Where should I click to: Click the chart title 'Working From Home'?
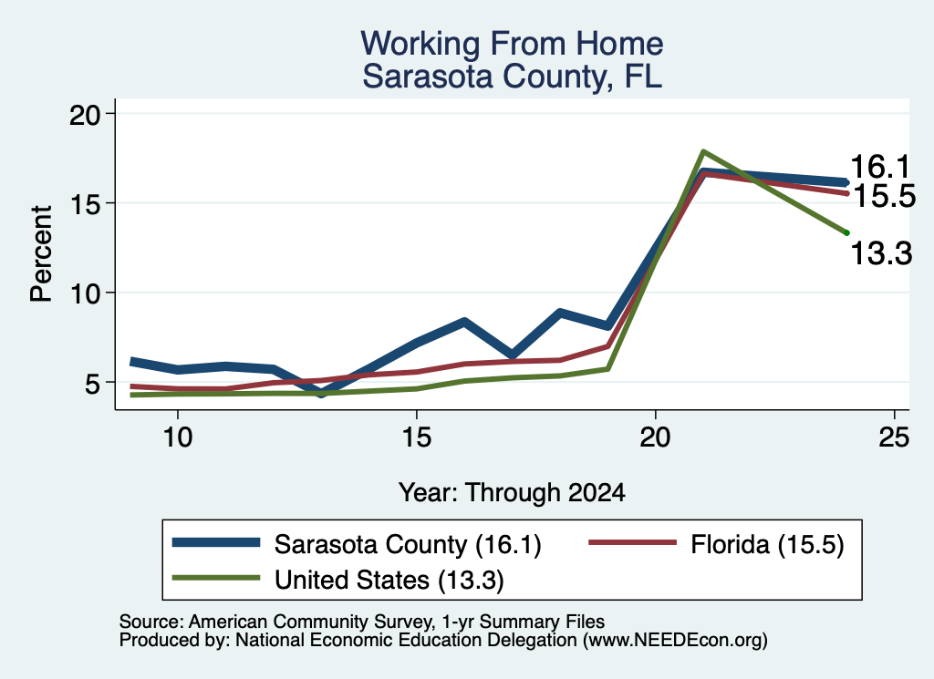point(512,44)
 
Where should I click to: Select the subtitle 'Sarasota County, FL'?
point(513,77)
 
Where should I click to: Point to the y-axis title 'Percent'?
point(41,254)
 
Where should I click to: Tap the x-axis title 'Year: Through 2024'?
point(512,493)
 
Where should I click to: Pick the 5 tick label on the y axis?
point(94,383)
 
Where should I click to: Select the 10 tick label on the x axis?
point(178,437)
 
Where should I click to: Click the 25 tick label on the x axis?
point(894,437)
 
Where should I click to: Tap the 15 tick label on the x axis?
point(416,437)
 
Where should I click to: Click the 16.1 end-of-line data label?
point(880,166)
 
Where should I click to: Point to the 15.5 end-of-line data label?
point(885,196)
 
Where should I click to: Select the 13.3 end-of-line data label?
point(881,253)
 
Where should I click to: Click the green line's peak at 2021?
point(703,151)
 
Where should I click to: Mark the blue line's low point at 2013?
point(321,392)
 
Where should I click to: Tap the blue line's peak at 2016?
point(464,322)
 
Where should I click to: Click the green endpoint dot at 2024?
point(846,232)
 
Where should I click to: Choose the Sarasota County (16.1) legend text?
point(408,544)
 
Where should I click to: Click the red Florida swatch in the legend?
point(633,542)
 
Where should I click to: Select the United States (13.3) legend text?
point(389,580)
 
